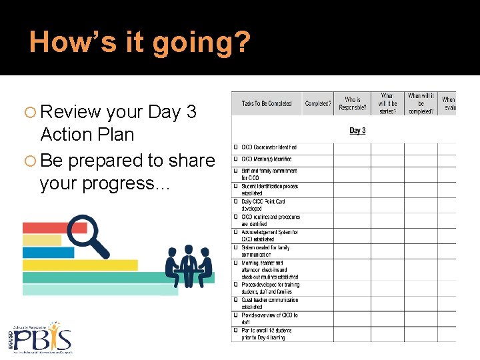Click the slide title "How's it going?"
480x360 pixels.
pyautogui.click(x=140, y=41)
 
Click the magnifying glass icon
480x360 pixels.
pyautogui.click(x=88, y=235)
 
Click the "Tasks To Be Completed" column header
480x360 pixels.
pyautogui.click(x=267, y=103)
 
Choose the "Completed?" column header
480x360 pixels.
pyautogui.click(x=318, y=103)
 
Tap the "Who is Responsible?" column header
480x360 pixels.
pyautogui.click(x=353, y=103)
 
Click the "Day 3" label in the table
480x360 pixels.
pyautogui.click(x=357, y=130)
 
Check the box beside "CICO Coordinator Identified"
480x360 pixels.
pyautogui.click(x=236, y=147)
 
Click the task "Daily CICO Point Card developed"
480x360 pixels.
pyautogui.click(x=264, y=205)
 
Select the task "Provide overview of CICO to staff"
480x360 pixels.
pyautogui.click(x=269, y=319)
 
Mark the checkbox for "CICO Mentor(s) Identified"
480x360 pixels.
pyautogui.click(x=236, y=159)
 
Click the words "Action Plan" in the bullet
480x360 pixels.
pyautogui.click(x=87, y=135)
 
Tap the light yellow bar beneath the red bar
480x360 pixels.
pyautogui.click(x=42, y=240)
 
